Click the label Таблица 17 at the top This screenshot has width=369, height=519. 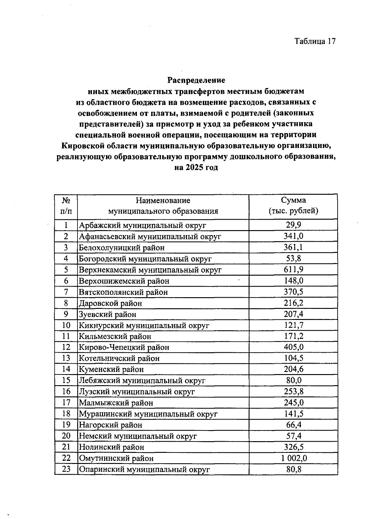[x=315, y=42]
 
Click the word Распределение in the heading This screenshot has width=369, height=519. [x=196, y=81]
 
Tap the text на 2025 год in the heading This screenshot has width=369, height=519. [x=196, y=168]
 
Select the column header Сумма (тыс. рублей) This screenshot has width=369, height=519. [x=293, y=206]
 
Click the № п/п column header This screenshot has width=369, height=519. [x=66, y=206]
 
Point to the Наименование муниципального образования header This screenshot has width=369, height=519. [x=163, y=206]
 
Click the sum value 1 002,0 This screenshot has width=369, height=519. [x=294, y=458]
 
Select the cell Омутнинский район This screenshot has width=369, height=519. [x=116, y=458]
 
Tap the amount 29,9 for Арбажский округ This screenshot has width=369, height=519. [x=294, y=225]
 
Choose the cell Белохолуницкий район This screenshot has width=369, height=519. [x=122, y=248]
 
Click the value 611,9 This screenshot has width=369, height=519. [x=294, y=270]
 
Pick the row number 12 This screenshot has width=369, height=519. [x=66, y=347]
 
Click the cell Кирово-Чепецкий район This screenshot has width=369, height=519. [x=124, y=347]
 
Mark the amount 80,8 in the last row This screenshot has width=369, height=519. [x=294, y=469]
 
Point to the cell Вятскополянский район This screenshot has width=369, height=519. [x=123, y=292]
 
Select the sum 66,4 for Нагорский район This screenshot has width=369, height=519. [x=294, y=425]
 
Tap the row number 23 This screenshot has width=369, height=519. [x=66, y=469]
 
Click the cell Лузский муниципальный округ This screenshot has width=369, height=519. [x=137, y=392]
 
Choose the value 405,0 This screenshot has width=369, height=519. [x=294, y=347]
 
